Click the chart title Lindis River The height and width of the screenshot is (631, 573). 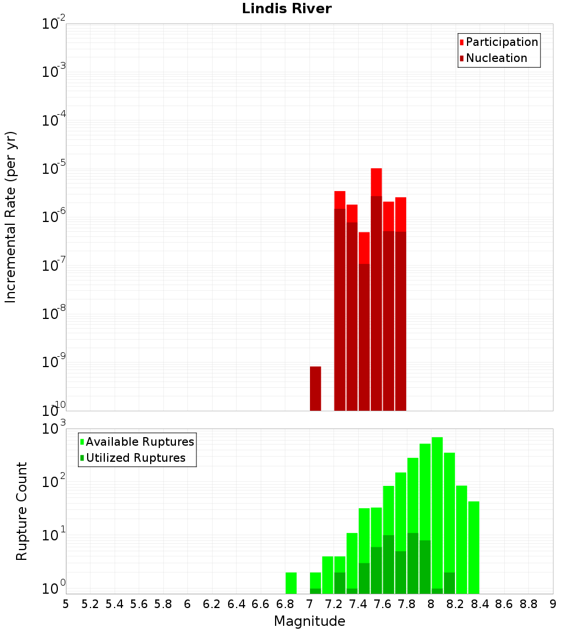pyautogui.click(x=286, y=9)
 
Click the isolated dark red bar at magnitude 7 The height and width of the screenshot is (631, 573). pyautogui.click(x=315, y=388)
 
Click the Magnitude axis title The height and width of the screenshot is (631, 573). pyautogui.click(x=309, y=621)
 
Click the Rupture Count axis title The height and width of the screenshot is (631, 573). pyautogui.click(x=22, y=511)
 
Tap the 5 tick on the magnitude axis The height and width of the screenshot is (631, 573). pyautogui.click(x=66, y=604)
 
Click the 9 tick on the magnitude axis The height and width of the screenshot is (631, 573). pyautogui.click(x=553, y=604)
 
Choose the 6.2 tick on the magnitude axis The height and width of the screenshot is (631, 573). pyautogui.click(x=212, y=604)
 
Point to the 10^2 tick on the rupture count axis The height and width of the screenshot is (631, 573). pyautogui.click(x=54, y=482)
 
